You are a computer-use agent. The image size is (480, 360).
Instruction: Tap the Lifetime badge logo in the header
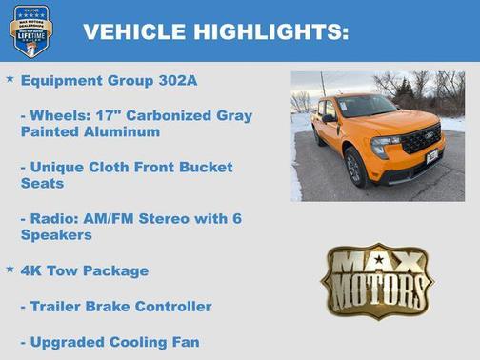click(x=30, y=30)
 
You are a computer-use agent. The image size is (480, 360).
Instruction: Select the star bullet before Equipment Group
click(x=10, y=79)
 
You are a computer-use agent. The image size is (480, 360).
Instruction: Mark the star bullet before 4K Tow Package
click(x=10, y=269)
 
